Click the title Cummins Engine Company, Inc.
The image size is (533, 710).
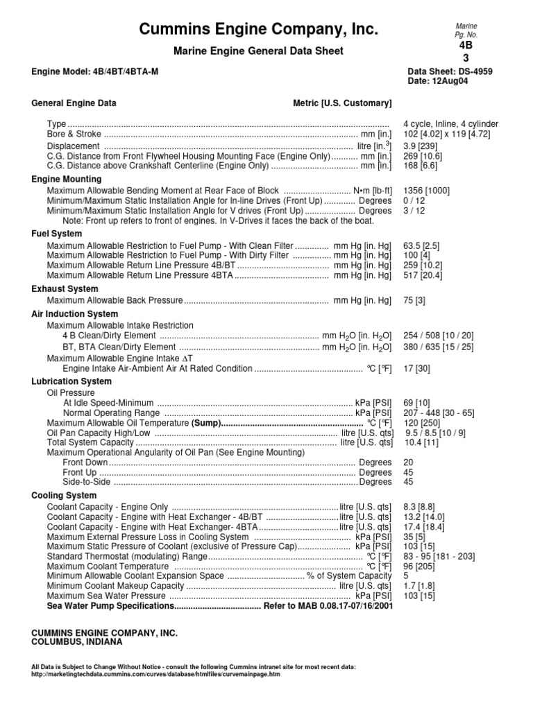(x=259, y=29)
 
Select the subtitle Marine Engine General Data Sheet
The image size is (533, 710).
(x=259, y=51)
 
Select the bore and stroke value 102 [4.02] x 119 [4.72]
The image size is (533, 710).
(x=450, y=135)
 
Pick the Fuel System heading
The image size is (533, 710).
(x=57, y=234)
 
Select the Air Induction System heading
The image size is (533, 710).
(x=75, y=314)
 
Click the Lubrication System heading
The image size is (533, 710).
(x=71, y=381)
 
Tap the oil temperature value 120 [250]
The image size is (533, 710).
(x=423, y=423)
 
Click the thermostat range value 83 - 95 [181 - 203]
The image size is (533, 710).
(x=438, y=556)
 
